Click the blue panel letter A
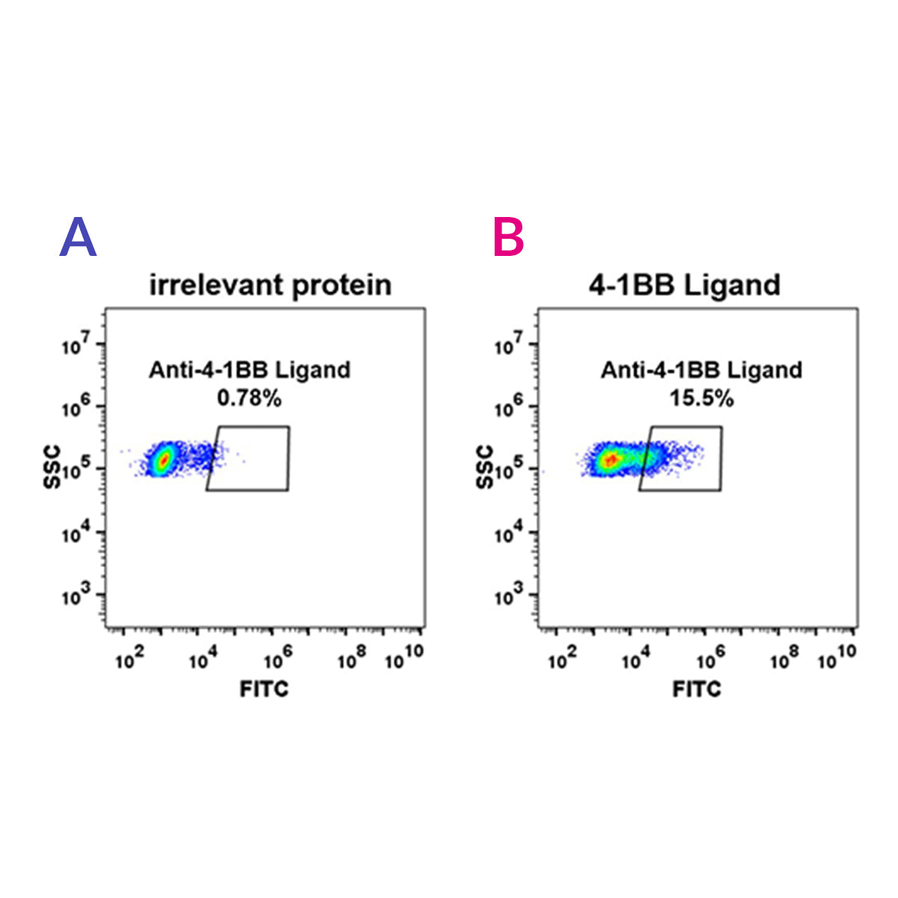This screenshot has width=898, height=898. point(78,238)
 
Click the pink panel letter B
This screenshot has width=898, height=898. point(509,238)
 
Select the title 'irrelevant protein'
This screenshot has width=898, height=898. point(270,285)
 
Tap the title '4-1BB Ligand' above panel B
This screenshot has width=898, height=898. point(684,285)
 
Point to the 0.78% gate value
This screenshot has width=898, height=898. point(249,399)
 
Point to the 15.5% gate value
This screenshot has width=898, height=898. point(701,399)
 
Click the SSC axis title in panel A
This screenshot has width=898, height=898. point(52,468)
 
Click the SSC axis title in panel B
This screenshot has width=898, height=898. point(484,468)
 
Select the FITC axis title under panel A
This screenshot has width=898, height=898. point(263,689)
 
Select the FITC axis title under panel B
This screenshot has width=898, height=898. point(696,689)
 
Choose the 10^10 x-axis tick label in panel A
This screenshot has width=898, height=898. point(404,659)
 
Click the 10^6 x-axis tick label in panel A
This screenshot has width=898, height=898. point(278,659)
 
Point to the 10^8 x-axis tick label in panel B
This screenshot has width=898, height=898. point(784,659)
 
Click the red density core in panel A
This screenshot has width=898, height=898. point(163,459)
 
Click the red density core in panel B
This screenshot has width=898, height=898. point(611,459)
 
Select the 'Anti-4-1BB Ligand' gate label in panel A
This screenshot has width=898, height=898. point(249,370)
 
